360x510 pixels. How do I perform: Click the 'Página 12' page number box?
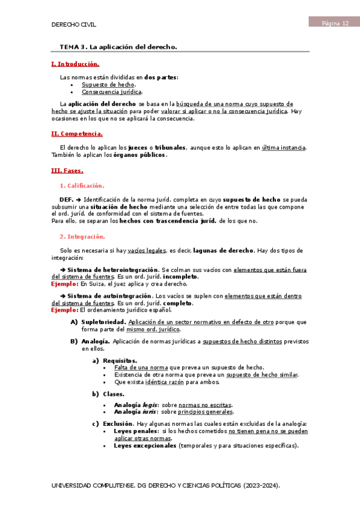pos(333,23)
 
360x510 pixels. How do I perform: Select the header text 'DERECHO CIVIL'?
pos(74,25)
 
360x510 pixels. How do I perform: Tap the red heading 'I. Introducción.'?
pos(75,63)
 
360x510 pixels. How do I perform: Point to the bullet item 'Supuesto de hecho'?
pos(108,85)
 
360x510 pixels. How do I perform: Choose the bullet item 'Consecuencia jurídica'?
pos(112,92)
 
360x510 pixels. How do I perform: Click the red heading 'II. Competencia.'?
pos(77,134)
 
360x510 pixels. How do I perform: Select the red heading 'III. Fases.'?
pos(67,170)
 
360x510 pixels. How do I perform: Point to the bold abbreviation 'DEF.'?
pos(66,199)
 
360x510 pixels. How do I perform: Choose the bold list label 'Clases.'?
pos(114,394)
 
